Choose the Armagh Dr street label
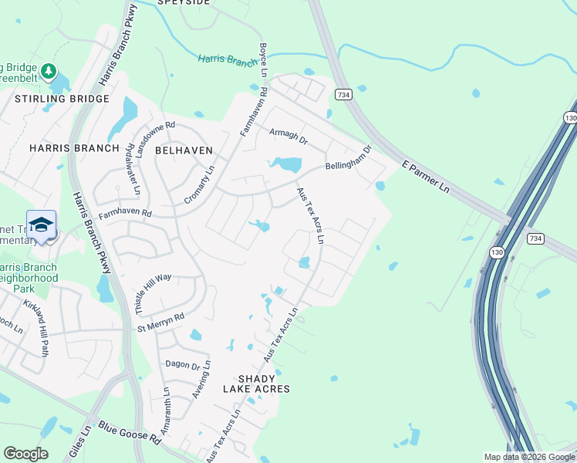point(288,136)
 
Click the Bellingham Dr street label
point(349,157)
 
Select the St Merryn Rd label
point(161,323)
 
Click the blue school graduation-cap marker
point(41,225)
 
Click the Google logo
point(25,454)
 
